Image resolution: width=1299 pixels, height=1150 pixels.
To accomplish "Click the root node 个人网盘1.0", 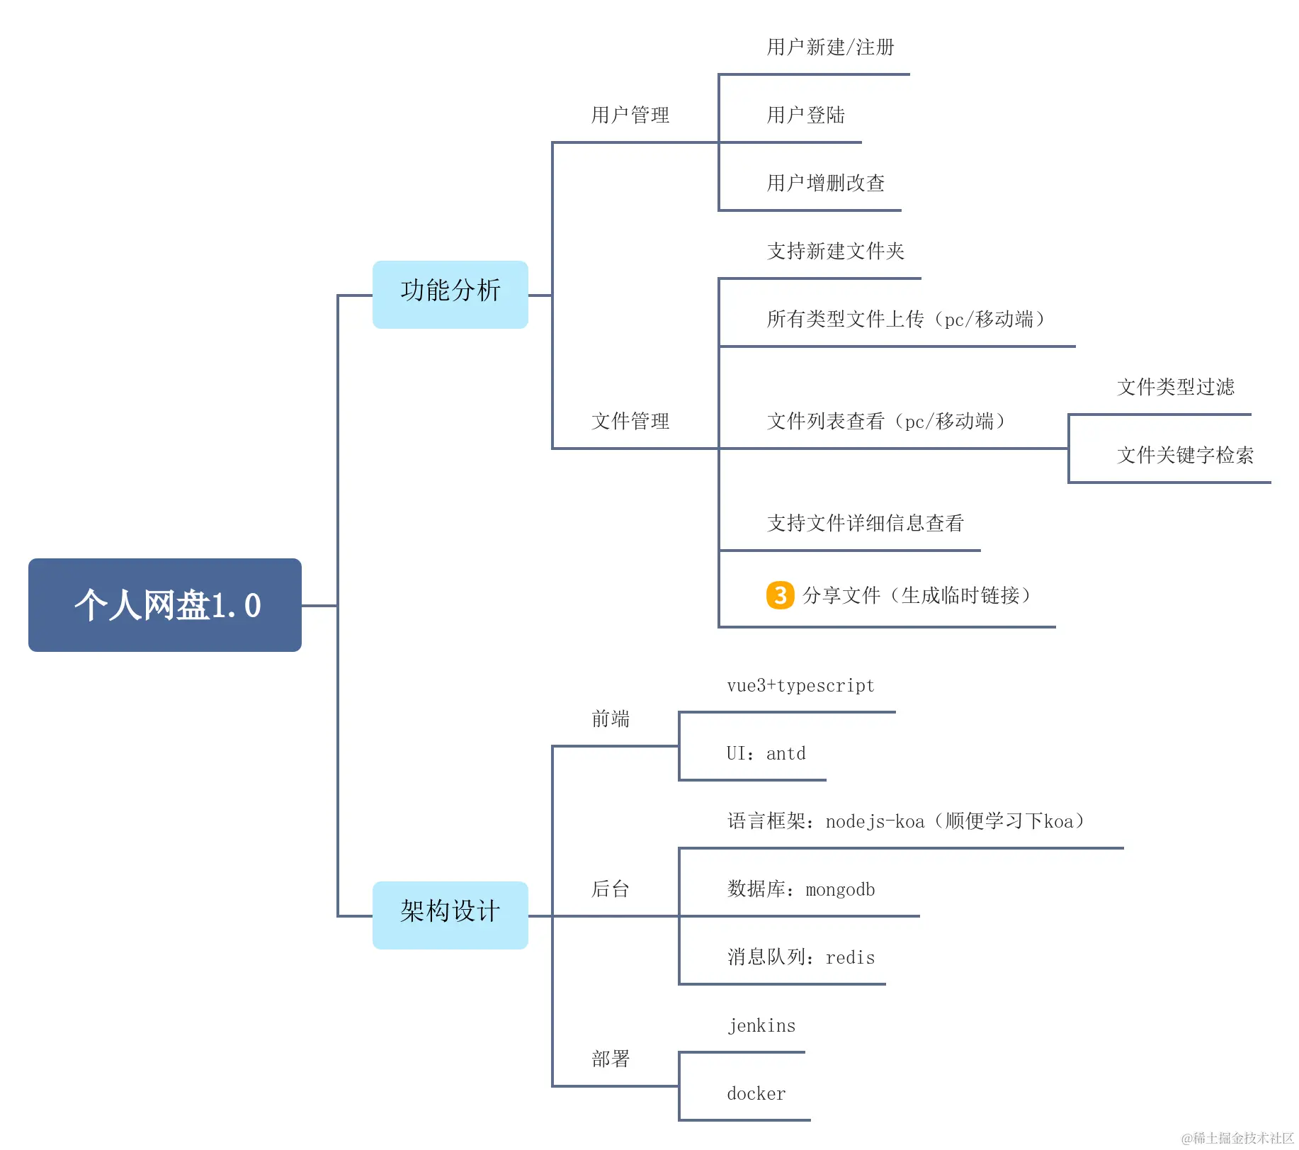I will tap(165, 605).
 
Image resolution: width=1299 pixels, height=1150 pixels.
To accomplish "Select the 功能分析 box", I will tap(450, 294).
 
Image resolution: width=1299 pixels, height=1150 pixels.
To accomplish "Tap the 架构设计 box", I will tap(450, 915).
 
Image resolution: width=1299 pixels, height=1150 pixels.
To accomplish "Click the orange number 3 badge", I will tap(780, 595).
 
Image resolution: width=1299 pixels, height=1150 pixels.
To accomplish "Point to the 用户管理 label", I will tap(630, 115).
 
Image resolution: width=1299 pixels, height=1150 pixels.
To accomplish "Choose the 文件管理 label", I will tap(630, 421).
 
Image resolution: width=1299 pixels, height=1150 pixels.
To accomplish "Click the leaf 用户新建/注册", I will tap(830, 47).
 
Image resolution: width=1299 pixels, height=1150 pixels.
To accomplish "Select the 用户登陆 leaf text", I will tap(805, 115).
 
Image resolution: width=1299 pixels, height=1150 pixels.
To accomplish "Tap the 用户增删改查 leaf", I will tap(826, 183).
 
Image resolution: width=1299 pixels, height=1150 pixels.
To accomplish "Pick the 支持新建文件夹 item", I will tap(836, 251).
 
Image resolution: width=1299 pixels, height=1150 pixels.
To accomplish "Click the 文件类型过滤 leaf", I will tap(1176, 387).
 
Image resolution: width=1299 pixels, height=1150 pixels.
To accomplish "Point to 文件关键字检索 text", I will tap(1185, 455).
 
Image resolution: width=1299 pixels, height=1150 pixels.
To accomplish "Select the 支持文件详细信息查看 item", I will tap(865, 523).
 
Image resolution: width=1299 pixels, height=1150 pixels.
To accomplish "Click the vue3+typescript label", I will tap(800, 685).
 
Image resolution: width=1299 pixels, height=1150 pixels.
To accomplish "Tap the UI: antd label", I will tap(766, 753).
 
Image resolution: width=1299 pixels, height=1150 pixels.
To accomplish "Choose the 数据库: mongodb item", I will tap(801, 889).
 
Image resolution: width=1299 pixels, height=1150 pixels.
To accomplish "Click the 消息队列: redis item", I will tap(801, 957).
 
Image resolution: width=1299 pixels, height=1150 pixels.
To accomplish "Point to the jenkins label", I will tap(761, 1025).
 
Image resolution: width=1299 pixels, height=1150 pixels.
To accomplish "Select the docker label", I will tap(756, 1093).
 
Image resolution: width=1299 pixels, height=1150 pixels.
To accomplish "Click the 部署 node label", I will tap(611, 1059).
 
